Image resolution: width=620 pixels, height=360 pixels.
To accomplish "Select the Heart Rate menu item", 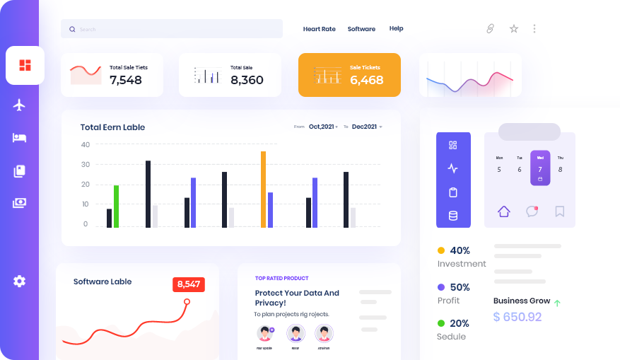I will (x=319, y=29).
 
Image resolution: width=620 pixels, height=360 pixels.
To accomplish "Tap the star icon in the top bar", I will (x=514, y=29).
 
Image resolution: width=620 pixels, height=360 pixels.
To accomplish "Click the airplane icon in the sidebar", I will (x=19, y=105).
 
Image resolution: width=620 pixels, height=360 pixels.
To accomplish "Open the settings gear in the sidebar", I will (x=19, y=281).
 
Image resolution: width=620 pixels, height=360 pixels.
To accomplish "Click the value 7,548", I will (x=126, y=80).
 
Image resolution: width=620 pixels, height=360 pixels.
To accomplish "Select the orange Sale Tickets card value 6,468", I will (x=366, y=80).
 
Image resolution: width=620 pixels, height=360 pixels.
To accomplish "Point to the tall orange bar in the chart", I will (x=263, y=189).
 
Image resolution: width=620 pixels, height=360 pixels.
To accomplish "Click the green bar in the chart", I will (x=116, y=206).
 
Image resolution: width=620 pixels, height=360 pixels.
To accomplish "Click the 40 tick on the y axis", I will (x=86, y=144).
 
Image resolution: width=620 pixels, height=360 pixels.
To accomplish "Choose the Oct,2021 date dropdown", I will (x=323, y=127).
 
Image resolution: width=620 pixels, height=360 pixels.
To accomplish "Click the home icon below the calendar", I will (x=503, y=211).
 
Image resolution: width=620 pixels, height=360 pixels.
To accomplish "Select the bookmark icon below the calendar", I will (x=560, y=211).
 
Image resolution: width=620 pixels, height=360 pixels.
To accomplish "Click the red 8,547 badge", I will (x=189, y=284).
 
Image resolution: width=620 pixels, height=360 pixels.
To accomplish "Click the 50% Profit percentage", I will (x=460, y=287).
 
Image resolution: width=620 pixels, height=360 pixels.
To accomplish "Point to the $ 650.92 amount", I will (x=517, y=317).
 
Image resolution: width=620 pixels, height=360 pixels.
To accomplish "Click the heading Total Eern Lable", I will (x=112, y=127).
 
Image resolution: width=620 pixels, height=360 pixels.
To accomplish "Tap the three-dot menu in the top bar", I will (x=534, y=29).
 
